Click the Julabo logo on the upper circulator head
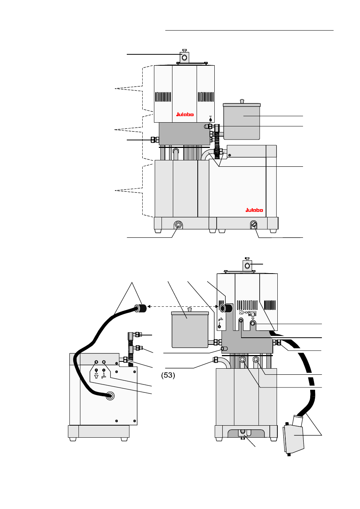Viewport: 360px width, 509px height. point(185,114)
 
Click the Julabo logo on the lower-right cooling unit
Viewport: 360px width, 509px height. point(254,210)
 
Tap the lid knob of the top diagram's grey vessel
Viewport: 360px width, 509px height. point(242,101)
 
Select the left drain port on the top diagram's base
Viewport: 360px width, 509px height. point(178,225)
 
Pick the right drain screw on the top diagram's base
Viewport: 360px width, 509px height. point(254,225)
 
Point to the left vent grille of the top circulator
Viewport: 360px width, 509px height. point(163,97)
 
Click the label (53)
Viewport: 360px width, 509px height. point(168,375)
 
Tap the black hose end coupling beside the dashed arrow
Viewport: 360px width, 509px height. point(141,308)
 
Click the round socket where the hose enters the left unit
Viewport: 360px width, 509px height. point(110,396)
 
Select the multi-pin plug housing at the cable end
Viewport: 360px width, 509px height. point(294,436)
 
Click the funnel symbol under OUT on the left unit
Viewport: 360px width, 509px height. point(96,376)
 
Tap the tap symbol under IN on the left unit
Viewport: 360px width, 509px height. point(104,376)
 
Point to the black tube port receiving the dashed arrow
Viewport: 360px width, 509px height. point(225,308)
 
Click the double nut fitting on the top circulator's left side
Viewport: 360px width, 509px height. point(154,140)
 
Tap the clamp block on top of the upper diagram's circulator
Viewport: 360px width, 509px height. point(184,57)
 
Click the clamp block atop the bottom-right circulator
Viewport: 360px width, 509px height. point(247,266)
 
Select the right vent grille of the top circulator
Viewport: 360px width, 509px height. point(206,97)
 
